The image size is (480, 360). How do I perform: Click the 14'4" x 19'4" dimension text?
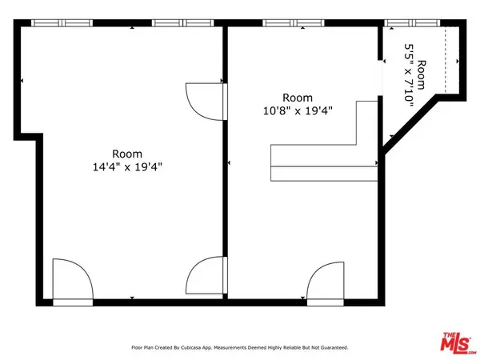pos(127,167)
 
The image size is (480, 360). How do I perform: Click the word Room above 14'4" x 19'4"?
pos(127,154)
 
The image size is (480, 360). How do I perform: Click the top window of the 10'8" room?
pos(286,23)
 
